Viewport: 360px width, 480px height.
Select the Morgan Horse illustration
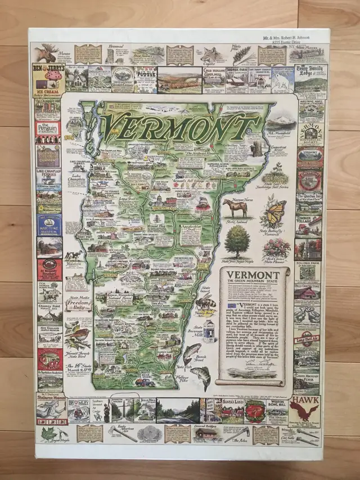point(235,208)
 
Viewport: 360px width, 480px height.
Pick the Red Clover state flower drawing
point(276,248)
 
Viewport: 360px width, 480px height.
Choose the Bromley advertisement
point(79,410)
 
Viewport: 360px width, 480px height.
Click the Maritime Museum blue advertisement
point(49,224)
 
